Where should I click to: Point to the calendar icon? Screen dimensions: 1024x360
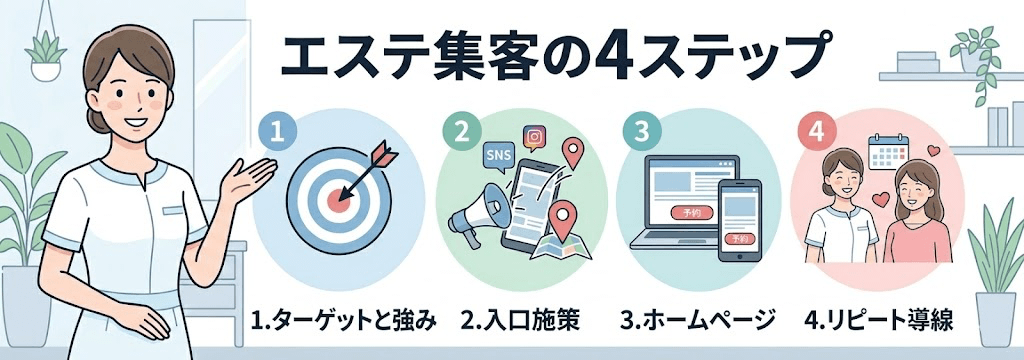(x=887, y=151)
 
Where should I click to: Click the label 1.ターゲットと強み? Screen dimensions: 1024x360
(x=345, y=322)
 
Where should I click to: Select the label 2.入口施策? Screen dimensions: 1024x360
(x=520, y=322)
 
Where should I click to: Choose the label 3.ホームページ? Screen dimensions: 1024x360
(x=697, y=322)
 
